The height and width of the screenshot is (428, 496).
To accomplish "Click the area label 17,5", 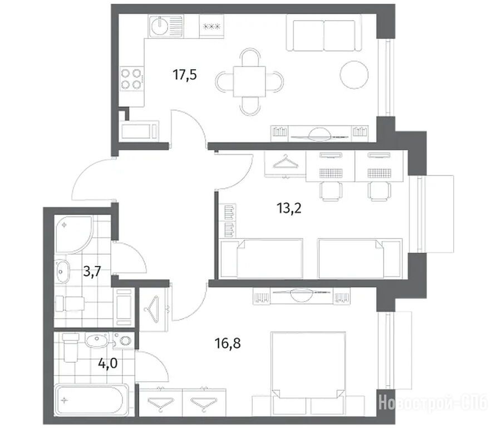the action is pos(185,75).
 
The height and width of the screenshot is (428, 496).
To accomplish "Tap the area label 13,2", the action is pos(289,208).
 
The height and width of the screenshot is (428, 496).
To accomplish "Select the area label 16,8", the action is pos(228,343).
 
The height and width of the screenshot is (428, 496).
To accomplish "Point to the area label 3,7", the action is pos(92,271).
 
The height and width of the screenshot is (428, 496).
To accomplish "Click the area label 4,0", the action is pos(108,363).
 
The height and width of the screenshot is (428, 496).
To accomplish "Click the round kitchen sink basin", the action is pos(159,26).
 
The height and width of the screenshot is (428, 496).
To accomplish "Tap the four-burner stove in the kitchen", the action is pos(131,79).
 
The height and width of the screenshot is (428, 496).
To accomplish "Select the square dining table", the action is pos(249,81).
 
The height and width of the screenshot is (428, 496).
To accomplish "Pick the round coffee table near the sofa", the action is pos(354,75).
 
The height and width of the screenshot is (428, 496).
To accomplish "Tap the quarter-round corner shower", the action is pos(73,234).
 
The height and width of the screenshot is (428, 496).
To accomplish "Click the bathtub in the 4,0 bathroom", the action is pos(92,400).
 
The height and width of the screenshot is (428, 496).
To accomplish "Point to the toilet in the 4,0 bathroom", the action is pos(71,347).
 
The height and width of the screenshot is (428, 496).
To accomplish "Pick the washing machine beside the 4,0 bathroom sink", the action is pos(124,341).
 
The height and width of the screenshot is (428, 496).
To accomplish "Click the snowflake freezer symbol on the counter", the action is pos(212,26).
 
